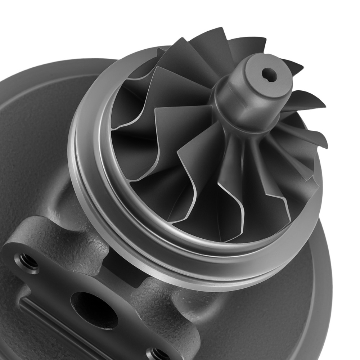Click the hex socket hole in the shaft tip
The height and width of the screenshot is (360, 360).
[x=269, y=75]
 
